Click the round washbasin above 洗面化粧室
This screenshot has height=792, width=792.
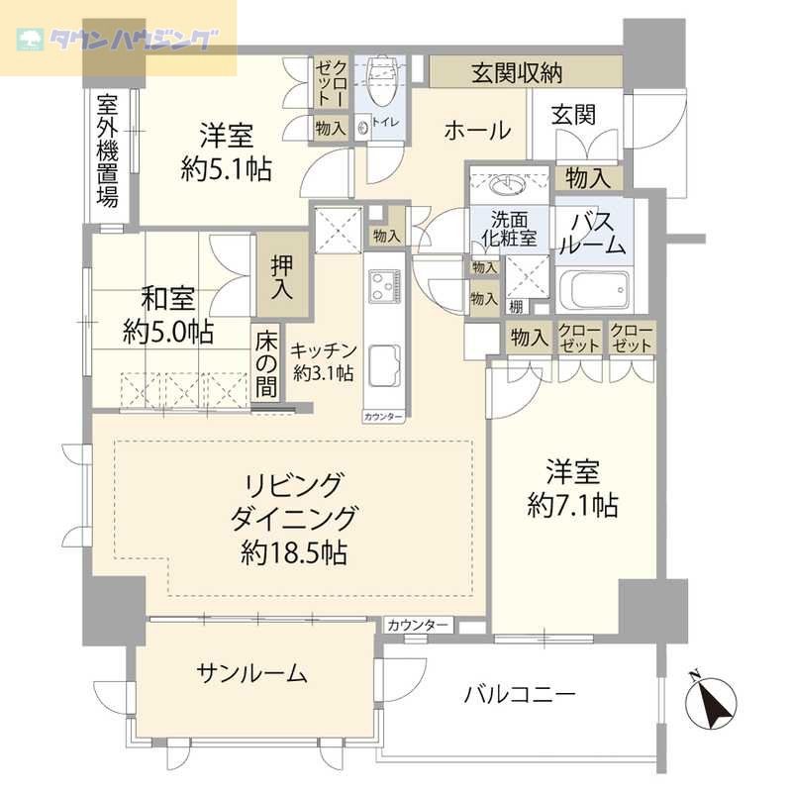pos(508,184)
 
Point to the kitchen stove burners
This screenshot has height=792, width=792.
pos(382,288)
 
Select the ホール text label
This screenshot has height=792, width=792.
pos(476,130)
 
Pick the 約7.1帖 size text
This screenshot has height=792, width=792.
pos(573,506)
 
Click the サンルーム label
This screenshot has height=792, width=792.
pos(251,674)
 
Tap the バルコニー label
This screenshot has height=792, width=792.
pos(520,694)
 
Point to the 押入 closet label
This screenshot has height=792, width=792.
pos(282,278)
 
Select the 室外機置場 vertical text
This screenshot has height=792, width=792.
pos(108,149)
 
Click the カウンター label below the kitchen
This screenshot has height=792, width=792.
pos(382,417)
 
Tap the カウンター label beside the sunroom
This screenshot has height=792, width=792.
pos(418,626)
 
